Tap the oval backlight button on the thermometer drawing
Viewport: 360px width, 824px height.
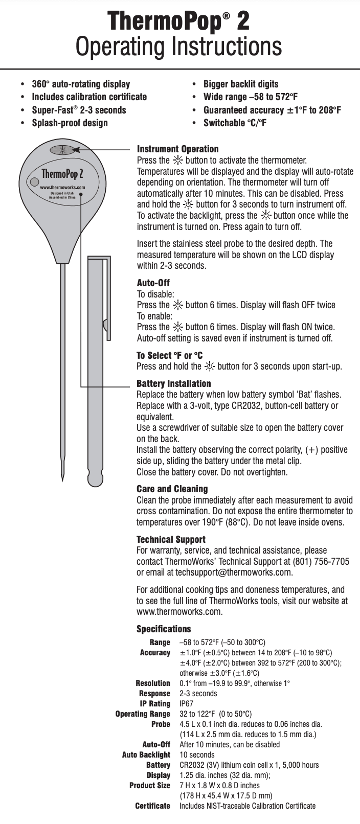[62, 150]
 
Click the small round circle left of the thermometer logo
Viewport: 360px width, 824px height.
[34, 181]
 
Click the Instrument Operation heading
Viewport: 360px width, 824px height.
[177, 149]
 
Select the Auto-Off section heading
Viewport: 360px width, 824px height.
[153, 283]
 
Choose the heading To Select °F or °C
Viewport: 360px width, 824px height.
[170, 355]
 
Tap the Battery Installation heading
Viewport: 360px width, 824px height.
[173, 383]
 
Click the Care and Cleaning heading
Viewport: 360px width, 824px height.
[172, 489]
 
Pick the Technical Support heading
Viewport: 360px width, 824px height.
[171, 539]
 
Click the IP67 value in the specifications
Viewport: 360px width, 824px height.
[186, 703]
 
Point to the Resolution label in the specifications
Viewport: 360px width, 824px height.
[153, 683]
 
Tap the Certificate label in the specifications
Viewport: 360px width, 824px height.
[152, 806]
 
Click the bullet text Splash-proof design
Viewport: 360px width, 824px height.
[70, 123]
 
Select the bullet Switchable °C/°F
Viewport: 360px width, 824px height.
[235, 123]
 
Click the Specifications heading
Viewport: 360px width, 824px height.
[163, 629]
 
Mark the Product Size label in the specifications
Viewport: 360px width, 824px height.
[149, 785]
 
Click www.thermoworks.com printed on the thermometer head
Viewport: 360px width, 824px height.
[62, 188]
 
